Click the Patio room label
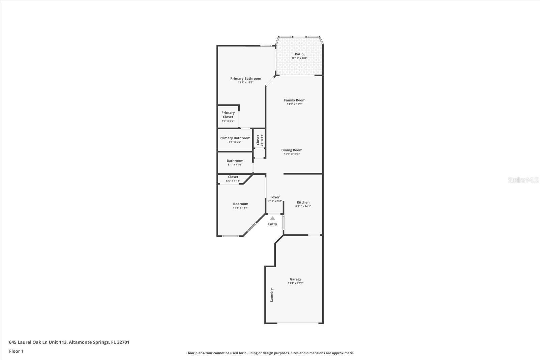[x=299, y=54]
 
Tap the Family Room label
[x=295, y=100]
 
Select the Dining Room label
[x=292, y=150]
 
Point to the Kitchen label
[x=303, y=202]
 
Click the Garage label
[x=296, y=279]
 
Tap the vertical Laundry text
[x=272, y=295]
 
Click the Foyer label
[x=275, y=197]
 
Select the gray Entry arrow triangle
[x=272, y=218]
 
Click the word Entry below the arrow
[x=272, y=224]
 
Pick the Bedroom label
[x=241, y=204]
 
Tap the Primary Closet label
[x=228, y=115]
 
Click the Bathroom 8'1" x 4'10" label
[x=235, y=161]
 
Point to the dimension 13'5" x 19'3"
[x=246, y=83]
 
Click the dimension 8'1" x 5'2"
[x=235, y=142]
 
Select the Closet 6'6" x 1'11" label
[x=233, y=177]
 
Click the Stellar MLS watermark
[x=523, y=180]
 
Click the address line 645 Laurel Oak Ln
[x=69, y=342]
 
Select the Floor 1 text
[x=16, y=351]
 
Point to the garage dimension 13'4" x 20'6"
[x=296, y=283]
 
